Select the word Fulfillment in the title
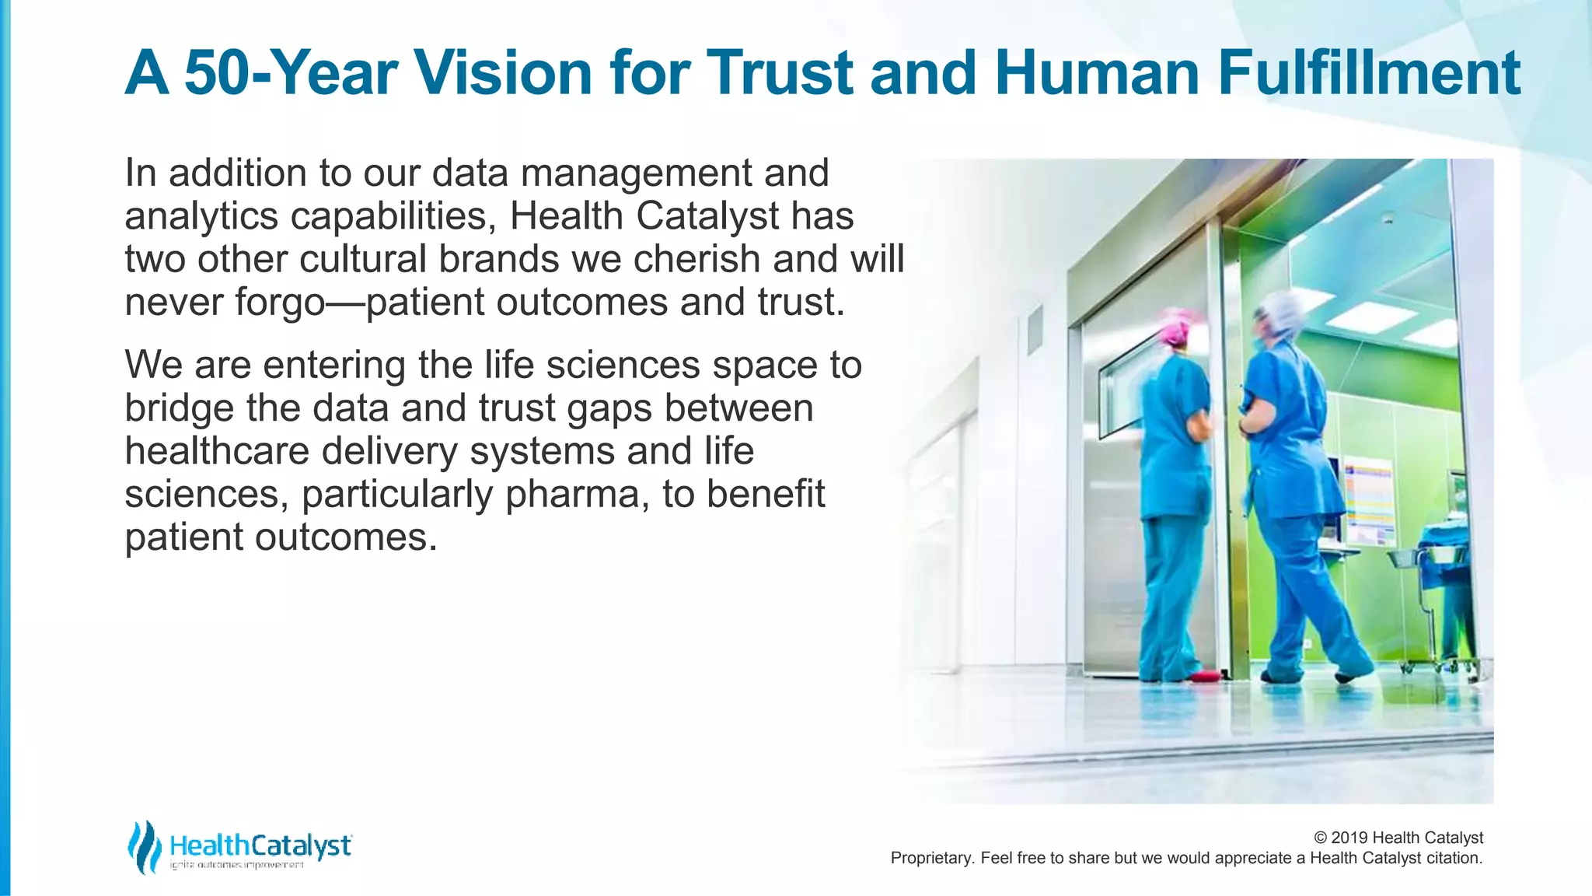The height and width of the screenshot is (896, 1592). click(1368, 72)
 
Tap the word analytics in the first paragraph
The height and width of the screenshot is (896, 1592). click(201, 216)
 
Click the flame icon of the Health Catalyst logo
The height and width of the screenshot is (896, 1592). click(144, 846)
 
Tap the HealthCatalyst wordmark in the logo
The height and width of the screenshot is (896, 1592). click(260, 845)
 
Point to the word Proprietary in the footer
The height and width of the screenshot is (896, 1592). click(931, 858)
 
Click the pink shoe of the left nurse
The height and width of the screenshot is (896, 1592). click(1203, 675)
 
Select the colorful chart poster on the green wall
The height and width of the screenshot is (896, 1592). click(1370, 498)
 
